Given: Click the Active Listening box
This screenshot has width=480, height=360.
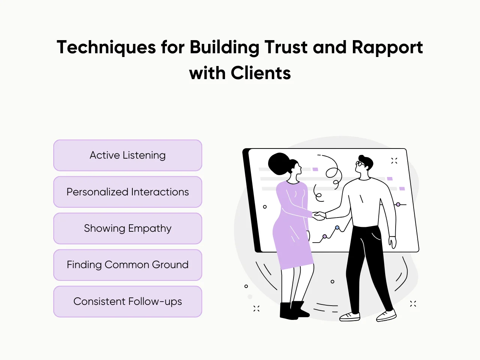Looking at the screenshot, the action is point(127,155).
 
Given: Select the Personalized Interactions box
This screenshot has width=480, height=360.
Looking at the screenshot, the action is point(127,192).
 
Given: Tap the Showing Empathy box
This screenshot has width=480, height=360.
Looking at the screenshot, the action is point(127,228).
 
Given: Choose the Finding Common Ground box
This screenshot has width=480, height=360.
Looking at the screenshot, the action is point(127,265).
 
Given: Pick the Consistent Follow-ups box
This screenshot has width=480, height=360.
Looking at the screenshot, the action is point(127,301).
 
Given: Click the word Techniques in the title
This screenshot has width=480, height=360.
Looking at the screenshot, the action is point(106,48).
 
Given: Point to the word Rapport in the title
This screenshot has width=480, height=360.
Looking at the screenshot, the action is point(387,48).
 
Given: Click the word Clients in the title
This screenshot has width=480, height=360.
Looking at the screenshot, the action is point(261,73).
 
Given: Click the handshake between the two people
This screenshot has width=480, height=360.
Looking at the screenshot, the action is point(319,216).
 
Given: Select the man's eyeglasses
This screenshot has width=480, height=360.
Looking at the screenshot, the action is point(360,163).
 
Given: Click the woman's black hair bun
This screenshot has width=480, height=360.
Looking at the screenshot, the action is point(278,163).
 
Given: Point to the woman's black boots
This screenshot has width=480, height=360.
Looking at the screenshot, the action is point(294,310).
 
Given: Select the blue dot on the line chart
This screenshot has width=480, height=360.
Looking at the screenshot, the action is point(337,228).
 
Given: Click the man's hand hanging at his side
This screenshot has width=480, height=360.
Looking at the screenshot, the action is point(392,242).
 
